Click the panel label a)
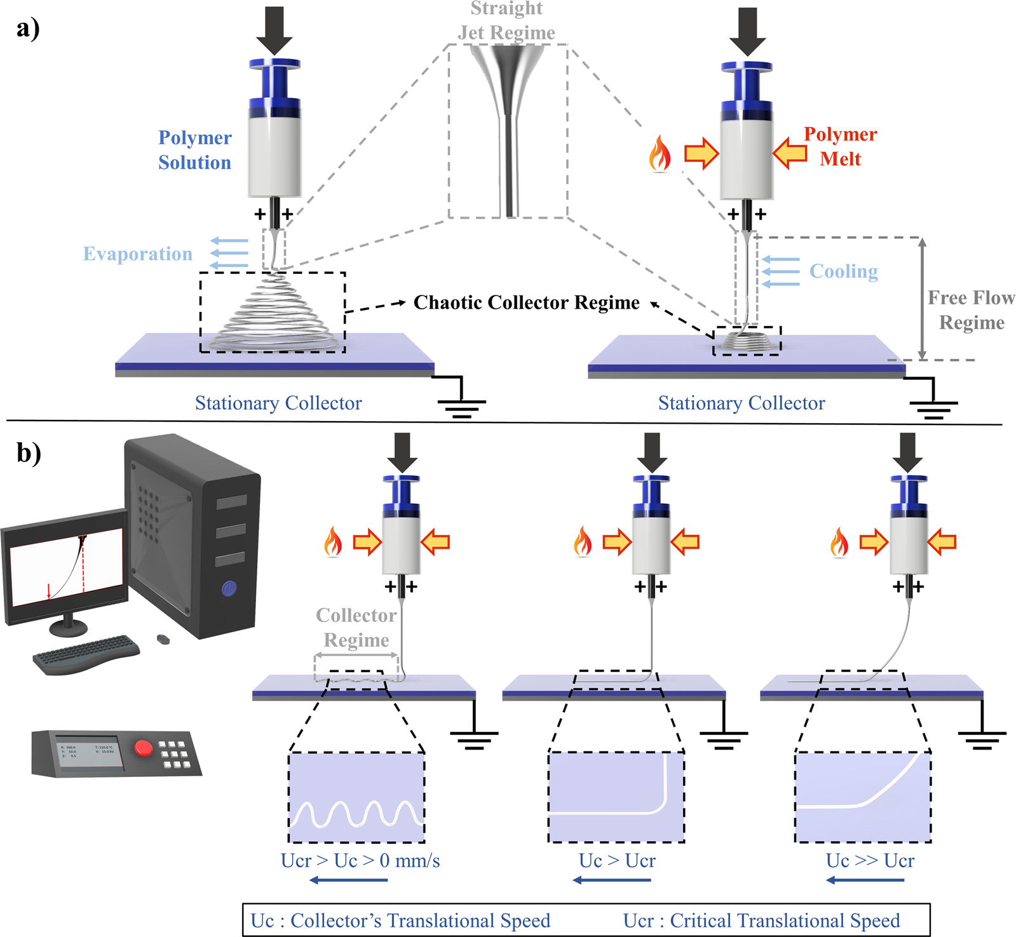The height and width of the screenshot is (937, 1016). [x=28, y=29]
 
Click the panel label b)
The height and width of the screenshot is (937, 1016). [x=29, y=453]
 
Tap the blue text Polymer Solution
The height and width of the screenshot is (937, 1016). [x=194, y=150]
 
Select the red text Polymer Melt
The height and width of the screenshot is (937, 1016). [x=840, y=146]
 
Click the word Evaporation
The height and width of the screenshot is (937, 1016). [x=138, y=254]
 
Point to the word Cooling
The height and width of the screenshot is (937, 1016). [x=843, y=271]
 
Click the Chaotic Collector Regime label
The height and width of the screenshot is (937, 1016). [x=526, y=302]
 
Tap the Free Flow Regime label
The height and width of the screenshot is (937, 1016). [x=971, y=310]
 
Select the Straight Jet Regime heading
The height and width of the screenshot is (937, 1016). [x=506, y=20]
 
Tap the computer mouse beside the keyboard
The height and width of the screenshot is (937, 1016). [x=163, y=639]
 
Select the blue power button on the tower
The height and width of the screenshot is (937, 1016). [x=229, y=589]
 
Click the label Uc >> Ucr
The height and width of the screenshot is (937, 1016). [x=870, y=861]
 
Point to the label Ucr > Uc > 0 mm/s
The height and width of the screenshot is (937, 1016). [x=360, y=861]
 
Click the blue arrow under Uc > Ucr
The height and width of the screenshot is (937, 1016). [x=611, y=880]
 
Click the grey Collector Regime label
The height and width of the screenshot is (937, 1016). [x=356, y=628]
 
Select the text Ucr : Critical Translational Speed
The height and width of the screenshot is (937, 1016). [x=761, y=920]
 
